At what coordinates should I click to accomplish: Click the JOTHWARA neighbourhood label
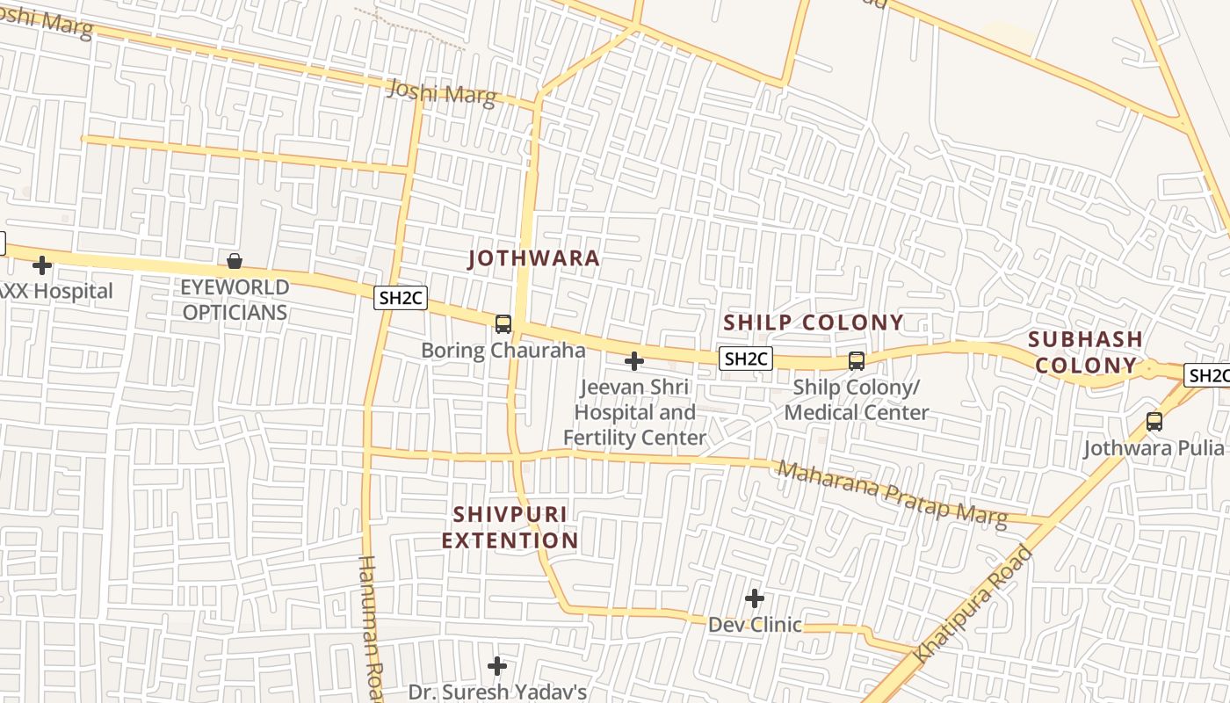click(x=533, y=258)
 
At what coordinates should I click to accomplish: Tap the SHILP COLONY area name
click(x=813, y=323)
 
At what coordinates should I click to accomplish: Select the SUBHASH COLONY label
click(x=1085, y=351)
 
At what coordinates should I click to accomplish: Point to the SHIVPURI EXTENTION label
click(x=510, y=527)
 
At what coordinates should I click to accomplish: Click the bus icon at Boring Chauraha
click(x=503, y=323)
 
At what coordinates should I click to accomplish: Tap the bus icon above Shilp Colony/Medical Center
click(x=856, y=360)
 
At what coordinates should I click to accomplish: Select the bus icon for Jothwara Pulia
click(x=1154, y=422)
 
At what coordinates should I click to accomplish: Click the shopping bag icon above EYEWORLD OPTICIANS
click(x=235, y=261)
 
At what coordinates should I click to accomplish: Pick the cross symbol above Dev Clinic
click(x=754, y=598)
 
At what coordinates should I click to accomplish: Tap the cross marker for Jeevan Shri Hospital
click(x=633, y=360)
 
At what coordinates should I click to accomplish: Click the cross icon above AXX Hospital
click(x=41, y=265)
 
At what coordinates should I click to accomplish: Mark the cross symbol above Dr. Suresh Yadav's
click(x=497, y=666)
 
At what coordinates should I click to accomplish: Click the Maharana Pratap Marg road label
click(x=892, y=494)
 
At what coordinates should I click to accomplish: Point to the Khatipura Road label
click(x=973, y=605)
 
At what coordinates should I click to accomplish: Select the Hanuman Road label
click(x=372, y=628)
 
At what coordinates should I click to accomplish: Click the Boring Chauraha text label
click(x=503, y=350)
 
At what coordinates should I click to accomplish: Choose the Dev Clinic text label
click(x=755, y=625)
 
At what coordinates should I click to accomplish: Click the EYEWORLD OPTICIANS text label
click(x=235, y=300)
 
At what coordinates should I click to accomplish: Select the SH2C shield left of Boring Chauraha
click(x=402, y=298)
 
